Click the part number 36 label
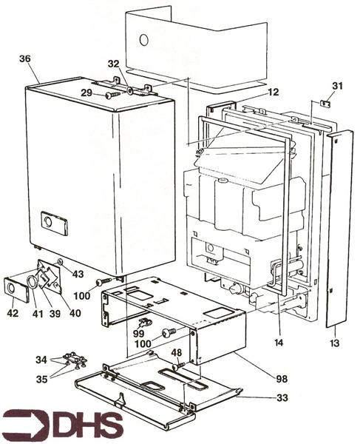25,59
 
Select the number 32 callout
114,64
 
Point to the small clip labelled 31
325,104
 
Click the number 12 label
274,92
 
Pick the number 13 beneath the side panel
334,343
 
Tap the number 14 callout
279,343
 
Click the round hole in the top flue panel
143,40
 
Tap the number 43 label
78,274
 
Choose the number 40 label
75,313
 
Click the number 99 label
138,334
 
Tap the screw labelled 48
178,366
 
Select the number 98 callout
282,379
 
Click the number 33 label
282,397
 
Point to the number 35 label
41,379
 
